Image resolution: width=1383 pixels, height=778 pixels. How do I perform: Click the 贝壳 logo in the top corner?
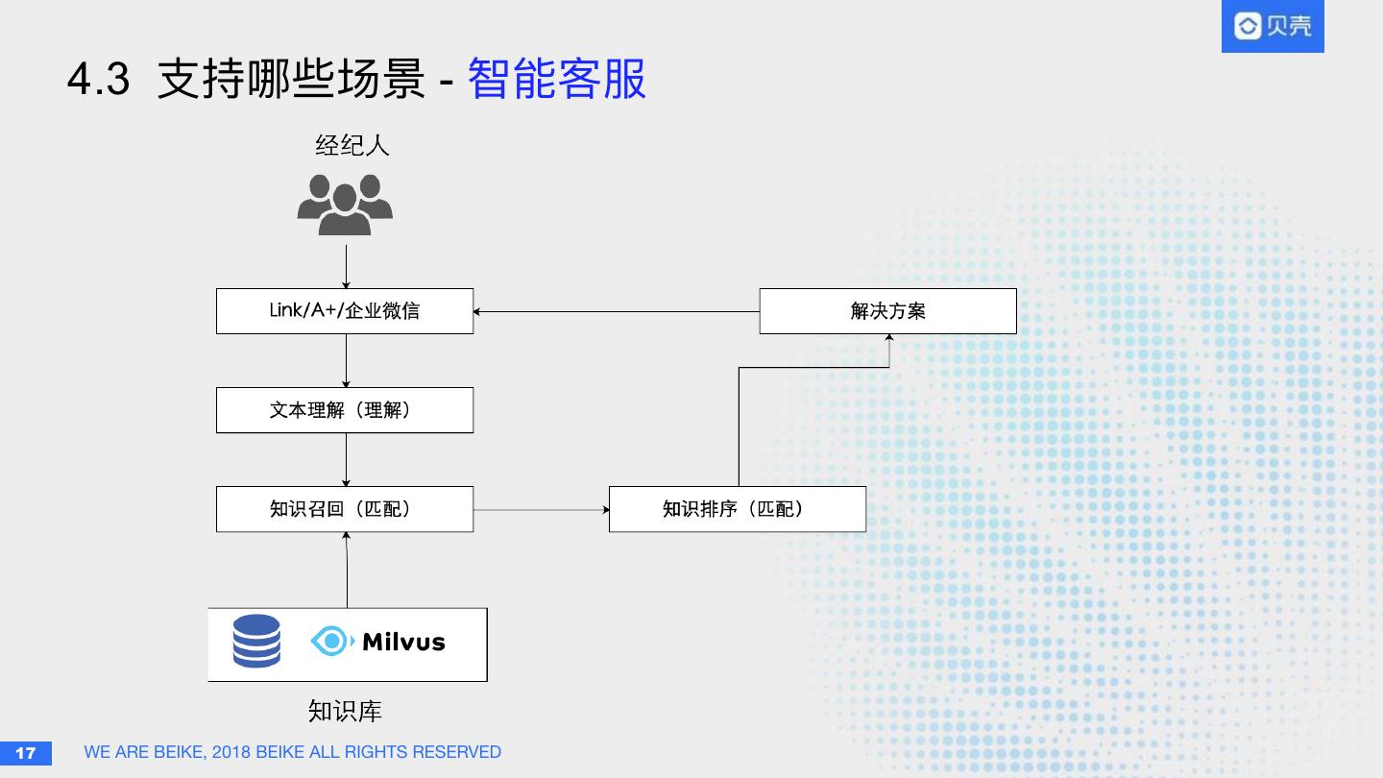(x=1272, y=26)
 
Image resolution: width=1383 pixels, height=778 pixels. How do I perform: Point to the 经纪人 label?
(x=352, y=146)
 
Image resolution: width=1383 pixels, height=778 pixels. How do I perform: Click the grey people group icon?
(x=345, y=204)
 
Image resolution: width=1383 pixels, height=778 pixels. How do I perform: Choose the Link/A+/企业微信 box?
(x=345, y=311)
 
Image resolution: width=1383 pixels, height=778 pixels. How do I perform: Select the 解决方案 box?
(x=887, y=311)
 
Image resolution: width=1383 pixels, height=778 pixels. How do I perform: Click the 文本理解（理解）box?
(x=345, y=410)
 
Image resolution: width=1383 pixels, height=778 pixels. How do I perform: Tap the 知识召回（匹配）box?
(x=345, y=509)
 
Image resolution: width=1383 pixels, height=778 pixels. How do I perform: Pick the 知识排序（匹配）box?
(x=738, y=509)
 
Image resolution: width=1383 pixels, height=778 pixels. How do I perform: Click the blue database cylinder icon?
(x=256, y=642)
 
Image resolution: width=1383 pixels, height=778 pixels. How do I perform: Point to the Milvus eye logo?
(x=331, y=641)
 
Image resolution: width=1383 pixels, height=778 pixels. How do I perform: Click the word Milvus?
(x=403, y=642)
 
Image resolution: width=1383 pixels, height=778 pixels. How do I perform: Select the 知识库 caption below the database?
(x=345, y=711)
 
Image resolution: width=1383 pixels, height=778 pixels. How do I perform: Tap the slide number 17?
(x=26, y=752)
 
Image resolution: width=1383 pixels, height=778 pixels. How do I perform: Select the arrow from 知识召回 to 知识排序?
(x=541, y=509)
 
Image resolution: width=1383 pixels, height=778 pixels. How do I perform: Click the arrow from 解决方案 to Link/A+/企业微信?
(x=616, y=311)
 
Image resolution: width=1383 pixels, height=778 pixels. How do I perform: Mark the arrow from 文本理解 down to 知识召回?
(x=346, y=459)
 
